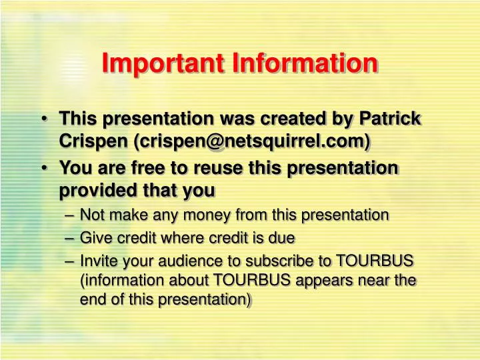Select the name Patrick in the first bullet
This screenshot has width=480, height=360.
(x=390, y=118)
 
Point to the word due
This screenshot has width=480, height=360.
(x=283, y=237)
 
